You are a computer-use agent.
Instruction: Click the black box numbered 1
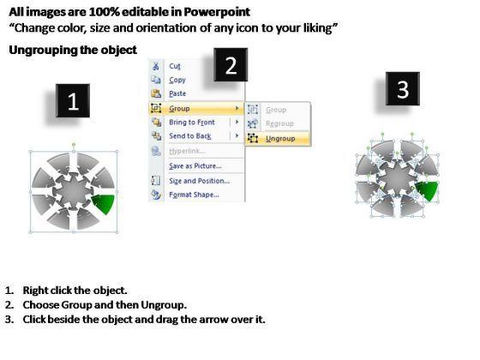click(73, 101)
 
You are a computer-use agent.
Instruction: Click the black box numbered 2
click(231, 64)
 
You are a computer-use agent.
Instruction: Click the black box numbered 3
click(403, 89)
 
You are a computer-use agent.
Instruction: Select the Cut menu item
click(175, 66)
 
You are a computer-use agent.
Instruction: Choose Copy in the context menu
click(177, 80)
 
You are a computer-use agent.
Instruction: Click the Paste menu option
click(177, 93)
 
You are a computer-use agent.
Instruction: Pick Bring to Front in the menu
click(192, 122)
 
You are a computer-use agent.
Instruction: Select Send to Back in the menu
click(190, 136)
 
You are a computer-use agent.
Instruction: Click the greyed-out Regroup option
click(279, 123)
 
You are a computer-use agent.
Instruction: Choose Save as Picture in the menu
click(195, 166)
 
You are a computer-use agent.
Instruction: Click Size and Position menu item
click(199, 181)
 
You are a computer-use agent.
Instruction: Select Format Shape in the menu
click(194, 195)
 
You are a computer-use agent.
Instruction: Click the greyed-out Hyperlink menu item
click(187, 151)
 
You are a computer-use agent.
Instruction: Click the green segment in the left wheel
click(105, 203)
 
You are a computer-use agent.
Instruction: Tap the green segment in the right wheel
click(428, 190)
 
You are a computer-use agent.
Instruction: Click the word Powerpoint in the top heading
click(217, 12)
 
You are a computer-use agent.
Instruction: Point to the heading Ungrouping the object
click(73, 50)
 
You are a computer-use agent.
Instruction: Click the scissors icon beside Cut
click(156, 65)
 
